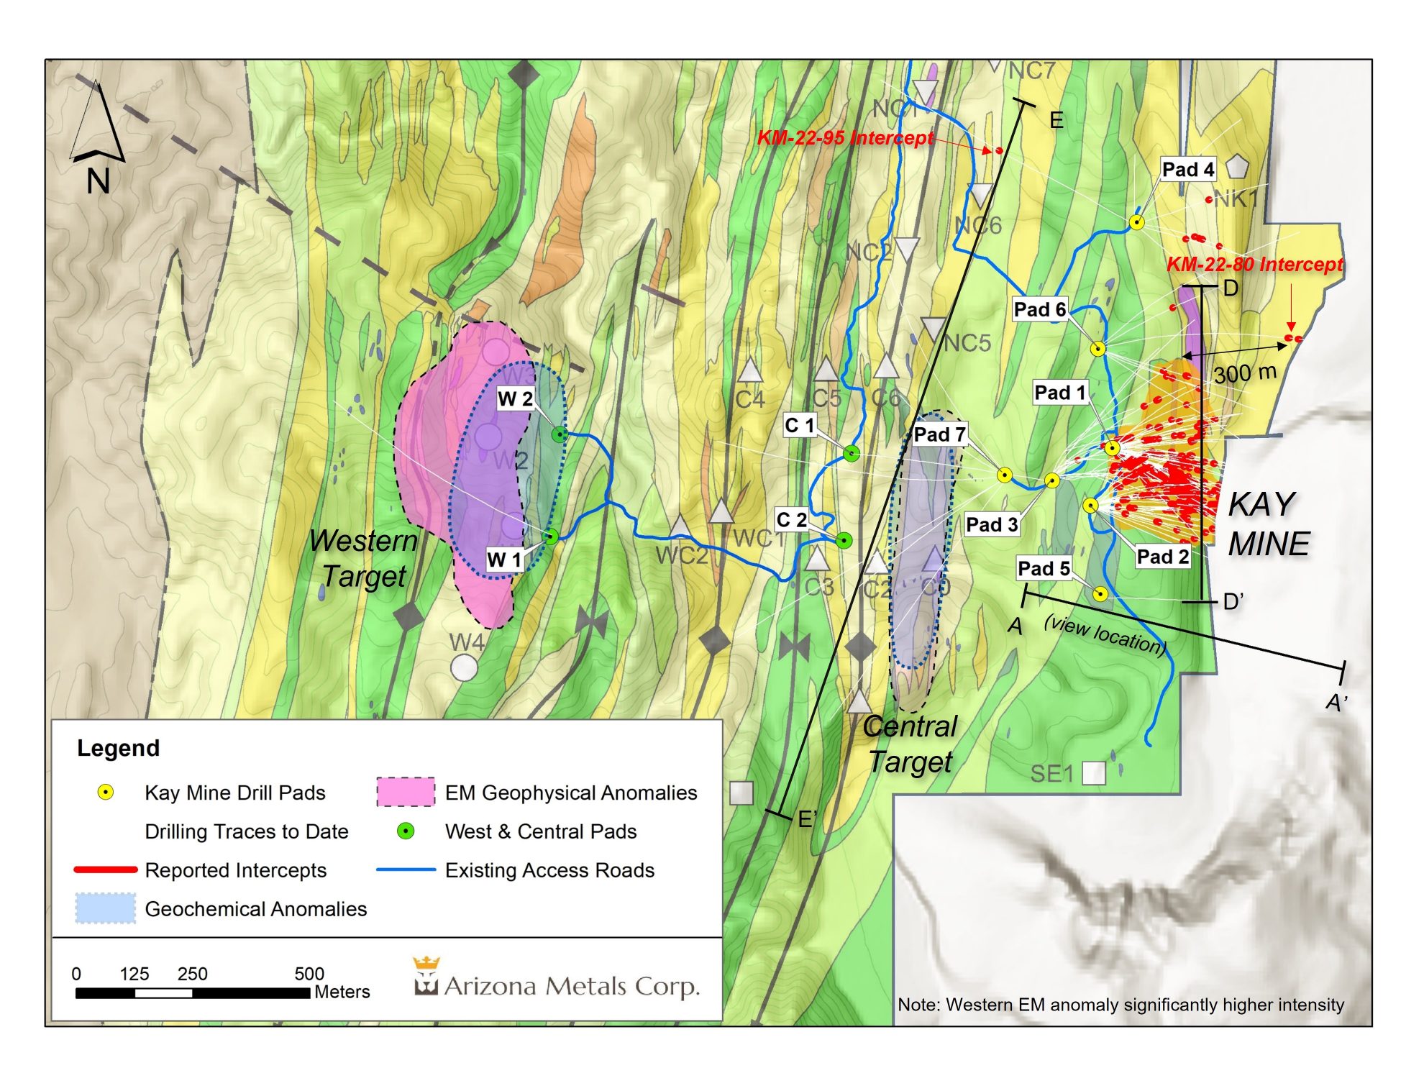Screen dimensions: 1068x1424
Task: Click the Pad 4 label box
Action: pyautogui.click(x=1187, y=170)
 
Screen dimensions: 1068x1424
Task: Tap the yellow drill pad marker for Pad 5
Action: pyautogui.click(x=1100, y=594)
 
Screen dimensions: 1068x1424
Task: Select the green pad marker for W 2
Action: pyautogui.click(x=560, y=434)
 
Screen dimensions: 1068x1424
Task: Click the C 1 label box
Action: pyautogui.click(x=799, y=425)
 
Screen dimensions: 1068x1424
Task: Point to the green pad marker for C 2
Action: pyautogui.click(x=844, y=540)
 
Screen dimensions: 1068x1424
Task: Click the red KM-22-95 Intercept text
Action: pyautogui.click(x=845, y=137)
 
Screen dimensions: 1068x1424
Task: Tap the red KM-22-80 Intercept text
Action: pyautogui.click(x=1254, y=264)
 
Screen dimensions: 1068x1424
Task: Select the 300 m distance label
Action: pyautogui.click(x=1244, y=373)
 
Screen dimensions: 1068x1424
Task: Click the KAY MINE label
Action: pyautogui.click(x=1267, y=524)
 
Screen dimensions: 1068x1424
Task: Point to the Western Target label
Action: pyautogui.click(x=363, y=558)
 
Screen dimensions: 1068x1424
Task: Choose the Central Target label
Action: pyautogui.click(x=910, y=744)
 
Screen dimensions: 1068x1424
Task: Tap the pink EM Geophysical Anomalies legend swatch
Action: pyautogui.click(x=405, y=792)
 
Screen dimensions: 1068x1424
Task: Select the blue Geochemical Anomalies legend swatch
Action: pyautogui.click(x=105, y=908)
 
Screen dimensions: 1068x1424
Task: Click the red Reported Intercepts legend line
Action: pyautogui.click(x=105, y=870)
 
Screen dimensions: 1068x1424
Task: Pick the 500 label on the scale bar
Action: pyautogui.click(x=309, y=973)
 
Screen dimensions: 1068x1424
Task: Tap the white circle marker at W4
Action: pyautogui.click(x=464, y=667)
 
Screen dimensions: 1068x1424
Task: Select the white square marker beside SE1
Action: pyautogui.click(x=1093, y=773)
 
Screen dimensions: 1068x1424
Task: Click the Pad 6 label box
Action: pyautogui.click(x=1039, y=309)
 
